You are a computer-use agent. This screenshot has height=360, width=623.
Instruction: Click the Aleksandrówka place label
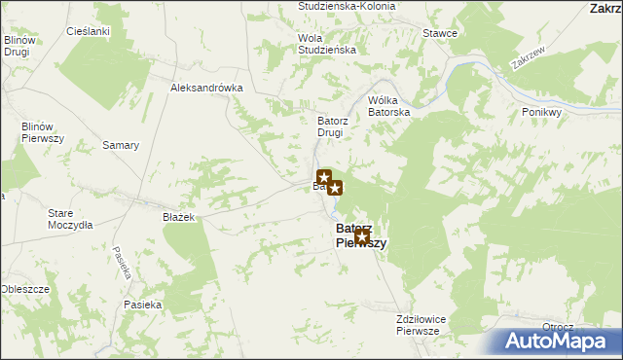(x=205, y=87)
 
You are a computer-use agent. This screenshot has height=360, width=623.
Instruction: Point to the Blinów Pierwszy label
(x=43, y=132)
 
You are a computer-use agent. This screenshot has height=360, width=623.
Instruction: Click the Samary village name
(x=122, y=145)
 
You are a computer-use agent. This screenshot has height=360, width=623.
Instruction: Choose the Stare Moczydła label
(x=69, y=218)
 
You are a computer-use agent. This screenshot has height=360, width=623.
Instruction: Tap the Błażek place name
(x=180, y=218)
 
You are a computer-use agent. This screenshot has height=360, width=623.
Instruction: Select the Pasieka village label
(x=142, y=305)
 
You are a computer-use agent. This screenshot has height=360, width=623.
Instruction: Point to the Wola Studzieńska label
(x=326, y=43)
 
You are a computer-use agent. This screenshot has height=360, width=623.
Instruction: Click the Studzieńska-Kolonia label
(x=347, y=6)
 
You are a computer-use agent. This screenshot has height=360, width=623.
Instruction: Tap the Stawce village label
(x=440, y=33)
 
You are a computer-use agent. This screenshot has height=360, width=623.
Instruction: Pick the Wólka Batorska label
(x=389, y=106)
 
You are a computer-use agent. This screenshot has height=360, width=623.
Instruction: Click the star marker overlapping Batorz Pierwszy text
(x=361, y=236)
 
